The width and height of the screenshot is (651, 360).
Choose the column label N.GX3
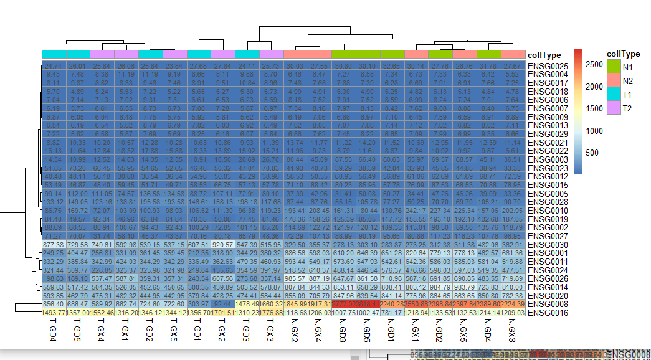click(513, 336)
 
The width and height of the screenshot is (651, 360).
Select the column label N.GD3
click(344, 336)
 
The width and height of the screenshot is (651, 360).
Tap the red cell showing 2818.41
click(368, 303)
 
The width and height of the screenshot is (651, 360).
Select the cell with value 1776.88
click(272, 312)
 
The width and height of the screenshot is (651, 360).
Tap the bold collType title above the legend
click(624, 54)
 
